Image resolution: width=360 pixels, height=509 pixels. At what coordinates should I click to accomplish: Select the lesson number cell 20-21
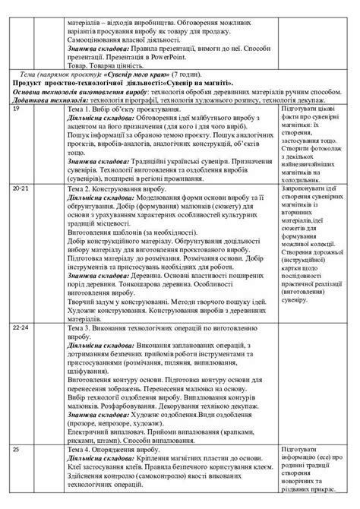coord(21,207)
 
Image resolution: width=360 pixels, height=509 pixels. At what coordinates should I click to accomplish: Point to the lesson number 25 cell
coord(17,451)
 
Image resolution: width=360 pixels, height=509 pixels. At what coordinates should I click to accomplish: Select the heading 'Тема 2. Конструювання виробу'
coord(106,207)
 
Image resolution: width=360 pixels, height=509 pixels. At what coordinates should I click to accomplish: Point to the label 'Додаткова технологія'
coord(45,100)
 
